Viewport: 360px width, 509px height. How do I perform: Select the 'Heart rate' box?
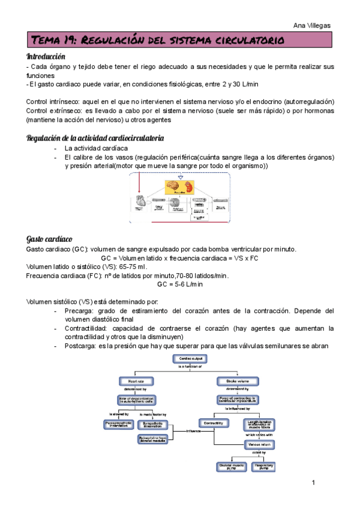click(x=131, y=381)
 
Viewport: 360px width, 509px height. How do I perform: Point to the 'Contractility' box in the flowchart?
click(x=214, y=423)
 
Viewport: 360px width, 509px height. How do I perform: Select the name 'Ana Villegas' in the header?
click(x=314, y=25)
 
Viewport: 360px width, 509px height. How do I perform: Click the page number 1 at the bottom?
click(x=313, y=483)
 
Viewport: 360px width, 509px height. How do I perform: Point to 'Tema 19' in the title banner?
click(x=53, y=41)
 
